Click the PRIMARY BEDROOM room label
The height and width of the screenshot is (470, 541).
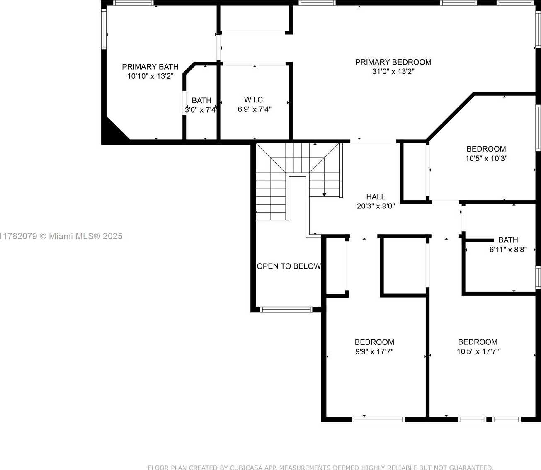point(393,62)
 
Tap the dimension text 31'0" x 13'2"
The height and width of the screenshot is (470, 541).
point(393,71)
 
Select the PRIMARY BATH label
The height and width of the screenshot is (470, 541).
point(150,67)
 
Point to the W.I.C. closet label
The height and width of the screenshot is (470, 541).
point(255,99)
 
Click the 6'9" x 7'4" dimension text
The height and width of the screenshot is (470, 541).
point(255,109)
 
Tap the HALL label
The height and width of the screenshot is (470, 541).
point(376,197)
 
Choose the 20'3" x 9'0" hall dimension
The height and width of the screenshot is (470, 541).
point(376,206)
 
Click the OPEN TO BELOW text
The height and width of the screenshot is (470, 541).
point(289,266)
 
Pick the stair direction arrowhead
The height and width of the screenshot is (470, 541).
point(324,194)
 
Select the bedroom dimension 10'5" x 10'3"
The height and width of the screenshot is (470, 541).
point(486,158)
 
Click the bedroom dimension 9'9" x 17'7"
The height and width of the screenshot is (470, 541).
point(374,351)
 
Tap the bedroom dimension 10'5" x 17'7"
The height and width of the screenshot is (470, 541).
point(478,351)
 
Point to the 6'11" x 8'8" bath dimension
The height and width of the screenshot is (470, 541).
point(508,249)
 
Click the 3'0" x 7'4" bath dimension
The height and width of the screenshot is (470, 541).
point(201,110)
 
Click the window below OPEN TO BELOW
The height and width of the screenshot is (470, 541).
point(286,310)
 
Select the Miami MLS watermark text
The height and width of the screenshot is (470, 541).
point(61,236)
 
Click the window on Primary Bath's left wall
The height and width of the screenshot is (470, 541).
point(104,29)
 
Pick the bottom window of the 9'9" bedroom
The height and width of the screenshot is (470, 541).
point(378,419)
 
